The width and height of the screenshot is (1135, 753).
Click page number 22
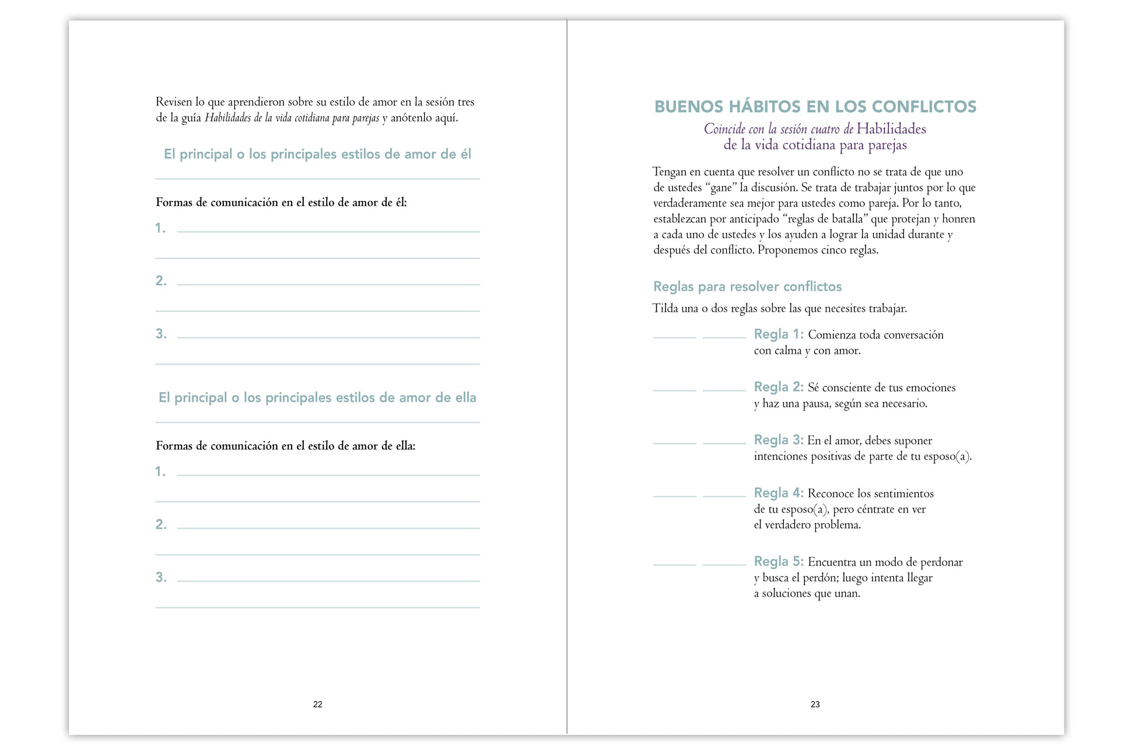coord(317,705)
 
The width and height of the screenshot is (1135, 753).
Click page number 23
coord(815,705)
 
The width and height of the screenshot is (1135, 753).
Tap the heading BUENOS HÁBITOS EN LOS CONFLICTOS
coord(815,107)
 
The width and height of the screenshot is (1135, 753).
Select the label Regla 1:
coord(778,334)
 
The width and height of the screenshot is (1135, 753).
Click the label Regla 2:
coord(778,387)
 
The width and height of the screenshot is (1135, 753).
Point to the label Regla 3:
coord(778,440)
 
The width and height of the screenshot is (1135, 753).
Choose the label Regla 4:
coord(778,493)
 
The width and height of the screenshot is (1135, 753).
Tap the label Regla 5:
coord(778,562)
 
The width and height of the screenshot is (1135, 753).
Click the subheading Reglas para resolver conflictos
coord(747,287)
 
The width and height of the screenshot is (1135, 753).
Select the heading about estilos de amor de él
coord(317,154)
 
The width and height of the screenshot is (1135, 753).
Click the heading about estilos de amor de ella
coord(317,398)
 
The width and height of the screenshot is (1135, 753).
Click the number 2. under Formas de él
coord(161,281)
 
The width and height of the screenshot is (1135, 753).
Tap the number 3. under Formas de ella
coord(161,577)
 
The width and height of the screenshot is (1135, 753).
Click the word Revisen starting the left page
coord(173,102)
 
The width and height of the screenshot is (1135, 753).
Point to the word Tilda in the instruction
coord(665,308)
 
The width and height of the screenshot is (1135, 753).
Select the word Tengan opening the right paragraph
coord(669,172)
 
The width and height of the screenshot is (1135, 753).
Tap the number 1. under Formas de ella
coord(160,472)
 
